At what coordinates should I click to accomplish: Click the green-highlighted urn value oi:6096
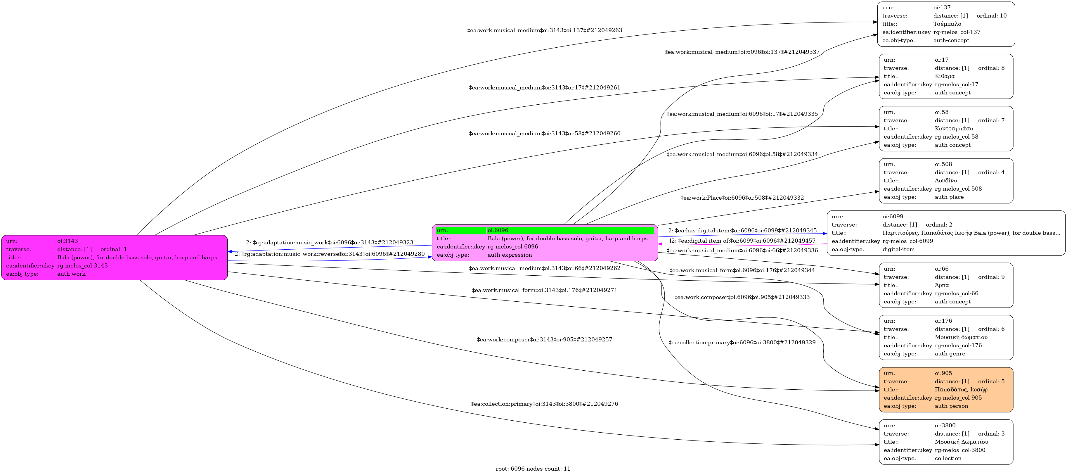(498, 230)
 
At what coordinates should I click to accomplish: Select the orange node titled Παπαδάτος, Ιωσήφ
(946, 390)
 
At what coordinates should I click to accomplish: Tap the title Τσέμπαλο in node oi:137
(947, 24)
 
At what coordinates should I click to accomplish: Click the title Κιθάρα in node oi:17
(945, 76)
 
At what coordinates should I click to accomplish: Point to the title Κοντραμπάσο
(954, 129)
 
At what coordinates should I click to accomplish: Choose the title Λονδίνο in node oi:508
(946, 181)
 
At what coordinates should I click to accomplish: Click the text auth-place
(949, 197)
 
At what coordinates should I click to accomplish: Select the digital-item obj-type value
(898, 250)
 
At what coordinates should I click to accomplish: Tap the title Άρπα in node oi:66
(942, 285)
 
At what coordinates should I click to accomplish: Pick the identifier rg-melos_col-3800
(960, 450)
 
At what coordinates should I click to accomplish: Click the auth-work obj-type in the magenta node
(71, 274)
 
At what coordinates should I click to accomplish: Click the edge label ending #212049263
(545, 30)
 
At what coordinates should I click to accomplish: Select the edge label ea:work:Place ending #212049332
(742, 198)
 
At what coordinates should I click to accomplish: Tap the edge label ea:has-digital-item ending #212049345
(742, 230)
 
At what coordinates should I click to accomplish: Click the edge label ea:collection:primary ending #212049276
(545, 404)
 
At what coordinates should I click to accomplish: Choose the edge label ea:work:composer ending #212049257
(545, 339)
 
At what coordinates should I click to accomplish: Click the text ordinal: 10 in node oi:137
(992, 16)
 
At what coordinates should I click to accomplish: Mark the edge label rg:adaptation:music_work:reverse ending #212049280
(330, 254)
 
